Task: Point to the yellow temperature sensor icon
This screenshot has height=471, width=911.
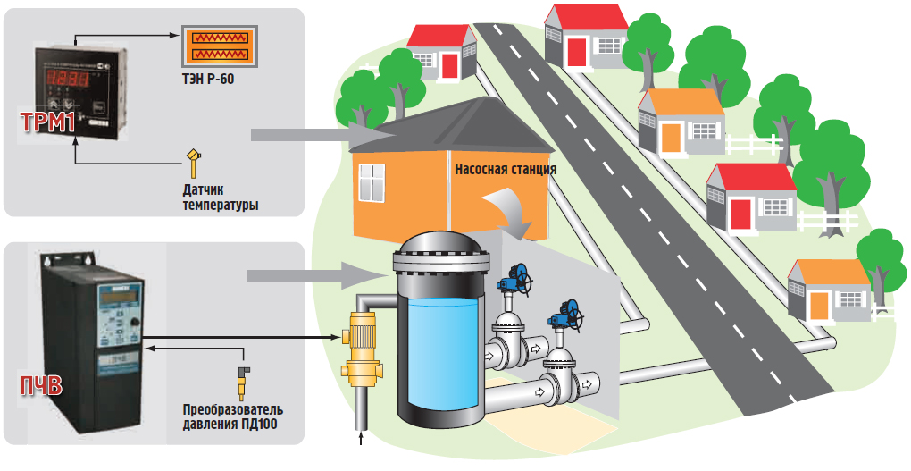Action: pyautogui.click(x=192, y=164)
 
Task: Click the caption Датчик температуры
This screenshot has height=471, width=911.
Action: pyautogui.click(x=215, y=198)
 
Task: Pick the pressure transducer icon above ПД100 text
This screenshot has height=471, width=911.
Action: pyautogui.click(x=242, y=379)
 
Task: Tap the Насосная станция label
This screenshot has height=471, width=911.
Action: pyautogui.click(x=505, y=168)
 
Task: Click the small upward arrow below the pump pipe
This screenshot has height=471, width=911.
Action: pyautogui.click(x=361, y=439)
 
